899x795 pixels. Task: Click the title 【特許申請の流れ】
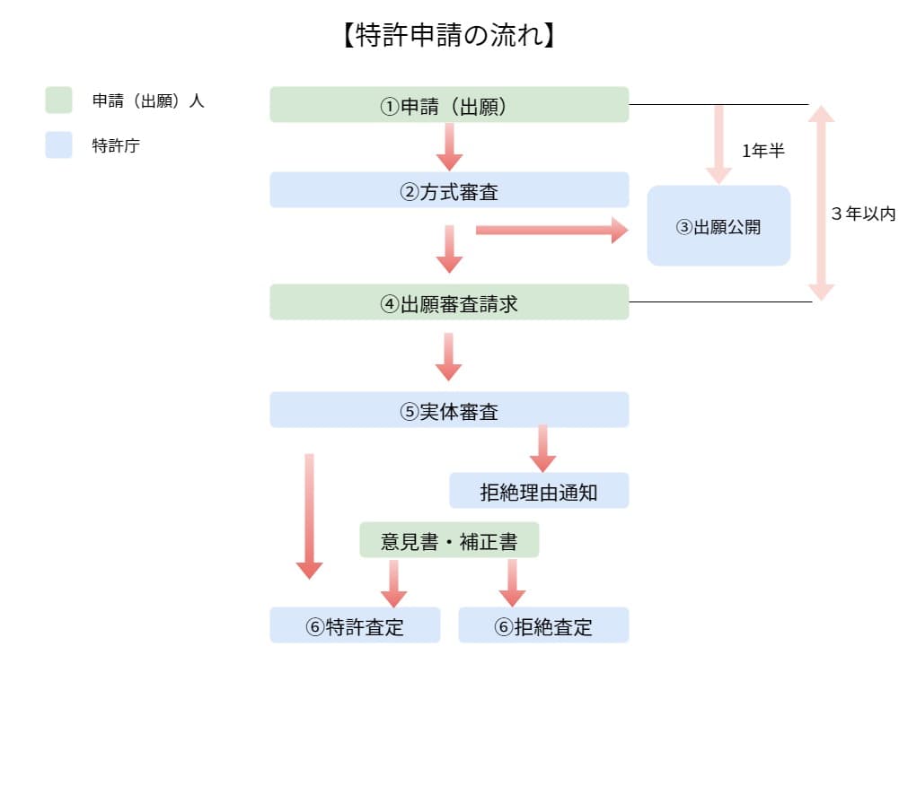coord(449,36)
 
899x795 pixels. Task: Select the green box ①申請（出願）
coord(449,105)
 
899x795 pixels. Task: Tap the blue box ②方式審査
coord(449,190)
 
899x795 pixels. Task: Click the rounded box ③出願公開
coord(718,226)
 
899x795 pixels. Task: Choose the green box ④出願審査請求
coord(449,302)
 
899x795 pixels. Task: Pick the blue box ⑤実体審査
coord(449,410)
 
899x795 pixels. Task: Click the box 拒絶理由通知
coord(539,491)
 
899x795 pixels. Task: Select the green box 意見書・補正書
coord(449,540)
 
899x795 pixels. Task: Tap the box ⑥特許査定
coord(355,625)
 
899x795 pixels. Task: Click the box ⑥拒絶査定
coord(543,625)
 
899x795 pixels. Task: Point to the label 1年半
coord(763,151)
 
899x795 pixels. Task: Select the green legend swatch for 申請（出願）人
coord(58,100)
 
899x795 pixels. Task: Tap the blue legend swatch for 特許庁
coord(58,145)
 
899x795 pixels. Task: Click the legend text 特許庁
coord(116,145)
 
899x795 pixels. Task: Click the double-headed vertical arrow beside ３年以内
coord(821,203)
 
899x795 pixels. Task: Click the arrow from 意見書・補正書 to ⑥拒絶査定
coord(512,582)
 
